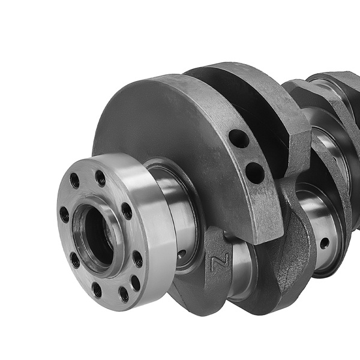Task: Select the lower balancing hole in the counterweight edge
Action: (x=254, y=173)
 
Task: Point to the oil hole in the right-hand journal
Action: (x=324, y=243)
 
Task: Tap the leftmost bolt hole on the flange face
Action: (x=64, y=214)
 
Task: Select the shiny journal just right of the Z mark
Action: (x=240, y=264)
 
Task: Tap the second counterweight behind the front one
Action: (x=264, y=96)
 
